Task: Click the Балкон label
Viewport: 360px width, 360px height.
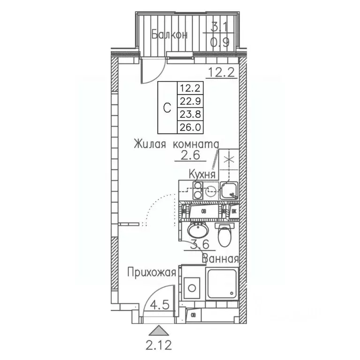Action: point(170,35)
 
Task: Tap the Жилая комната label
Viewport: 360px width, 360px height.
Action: point(176,143)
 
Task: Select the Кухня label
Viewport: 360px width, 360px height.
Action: point(202,174)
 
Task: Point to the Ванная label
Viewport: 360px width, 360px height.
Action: point(220,258)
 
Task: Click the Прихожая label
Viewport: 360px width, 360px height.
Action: point(153,272)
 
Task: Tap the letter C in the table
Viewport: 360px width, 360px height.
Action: point(166,107)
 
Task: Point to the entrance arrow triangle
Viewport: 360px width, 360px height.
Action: point(160,331)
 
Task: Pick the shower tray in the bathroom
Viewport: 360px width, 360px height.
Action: point(222,284)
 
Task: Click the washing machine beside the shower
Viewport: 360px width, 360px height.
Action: point(192,286)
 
